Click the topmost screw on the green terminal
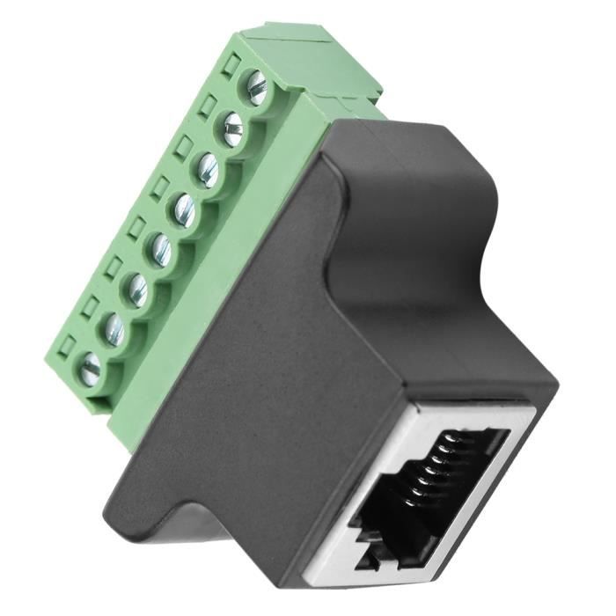tap(254, 87)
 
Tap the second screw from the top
tap(231, 129)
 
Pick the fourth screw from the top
tap(185, 209)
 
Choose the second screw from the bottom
tap(114, 329)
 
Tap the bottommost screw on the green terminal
tap(90, 369)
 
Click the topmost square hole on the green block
tap(231, 63)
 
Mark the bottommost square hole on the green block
tap(64, 346)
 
